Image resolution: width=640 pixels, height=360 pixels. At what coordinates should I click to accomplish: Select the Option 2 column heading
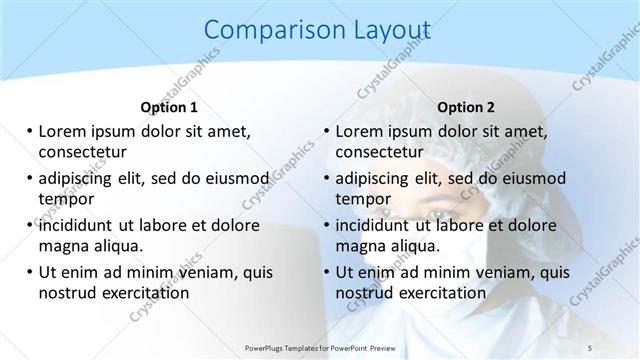pos(466,106)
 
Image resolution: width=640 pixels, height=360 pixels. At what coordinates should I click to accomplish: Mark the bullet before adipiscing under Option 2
pos(325,179)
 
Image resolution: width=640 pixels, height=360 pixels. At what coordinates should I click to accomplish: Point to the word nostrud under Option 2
pos(365,292)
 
